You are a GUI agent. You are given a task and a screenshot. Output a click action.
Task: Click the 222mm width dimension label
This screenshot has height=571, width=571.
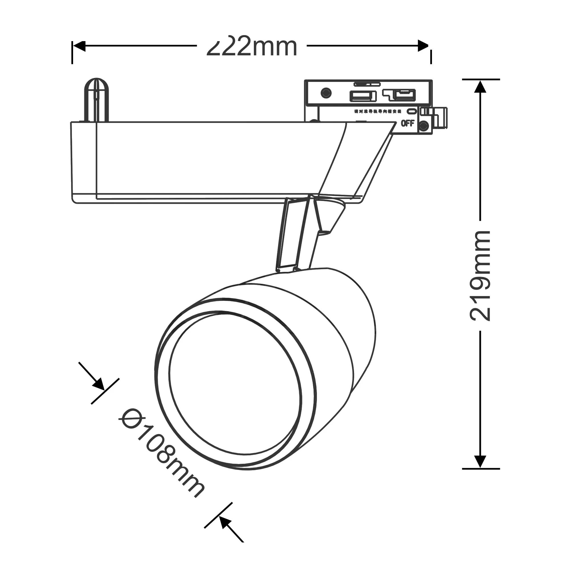coord(252,47)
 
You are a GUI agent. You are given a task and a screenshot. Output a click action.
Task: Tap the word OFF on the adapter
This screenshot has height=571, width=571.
coord(408,123)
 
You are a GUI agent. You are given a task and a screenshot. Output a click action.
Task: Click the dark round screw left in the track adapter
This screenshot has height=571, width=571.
coord(326,93)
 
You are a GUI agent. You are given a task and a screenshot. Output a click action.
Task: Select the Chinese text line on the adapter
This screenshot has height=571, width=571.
coord(377,111)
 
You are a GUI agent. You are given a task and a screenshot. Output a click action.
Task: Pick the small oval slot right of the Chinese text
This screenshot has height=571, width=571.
coord(411,111)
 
